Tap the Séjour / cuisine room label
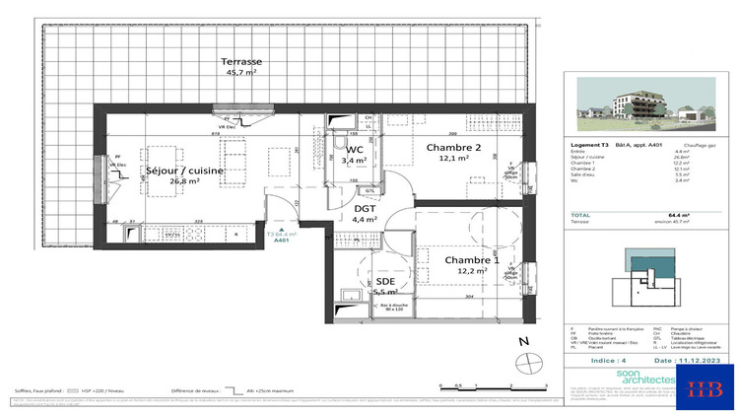184,171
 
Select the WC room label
354,146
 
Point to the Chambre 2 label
453,147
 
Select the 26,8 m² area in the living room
184,181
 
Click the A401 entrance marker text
281,240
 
